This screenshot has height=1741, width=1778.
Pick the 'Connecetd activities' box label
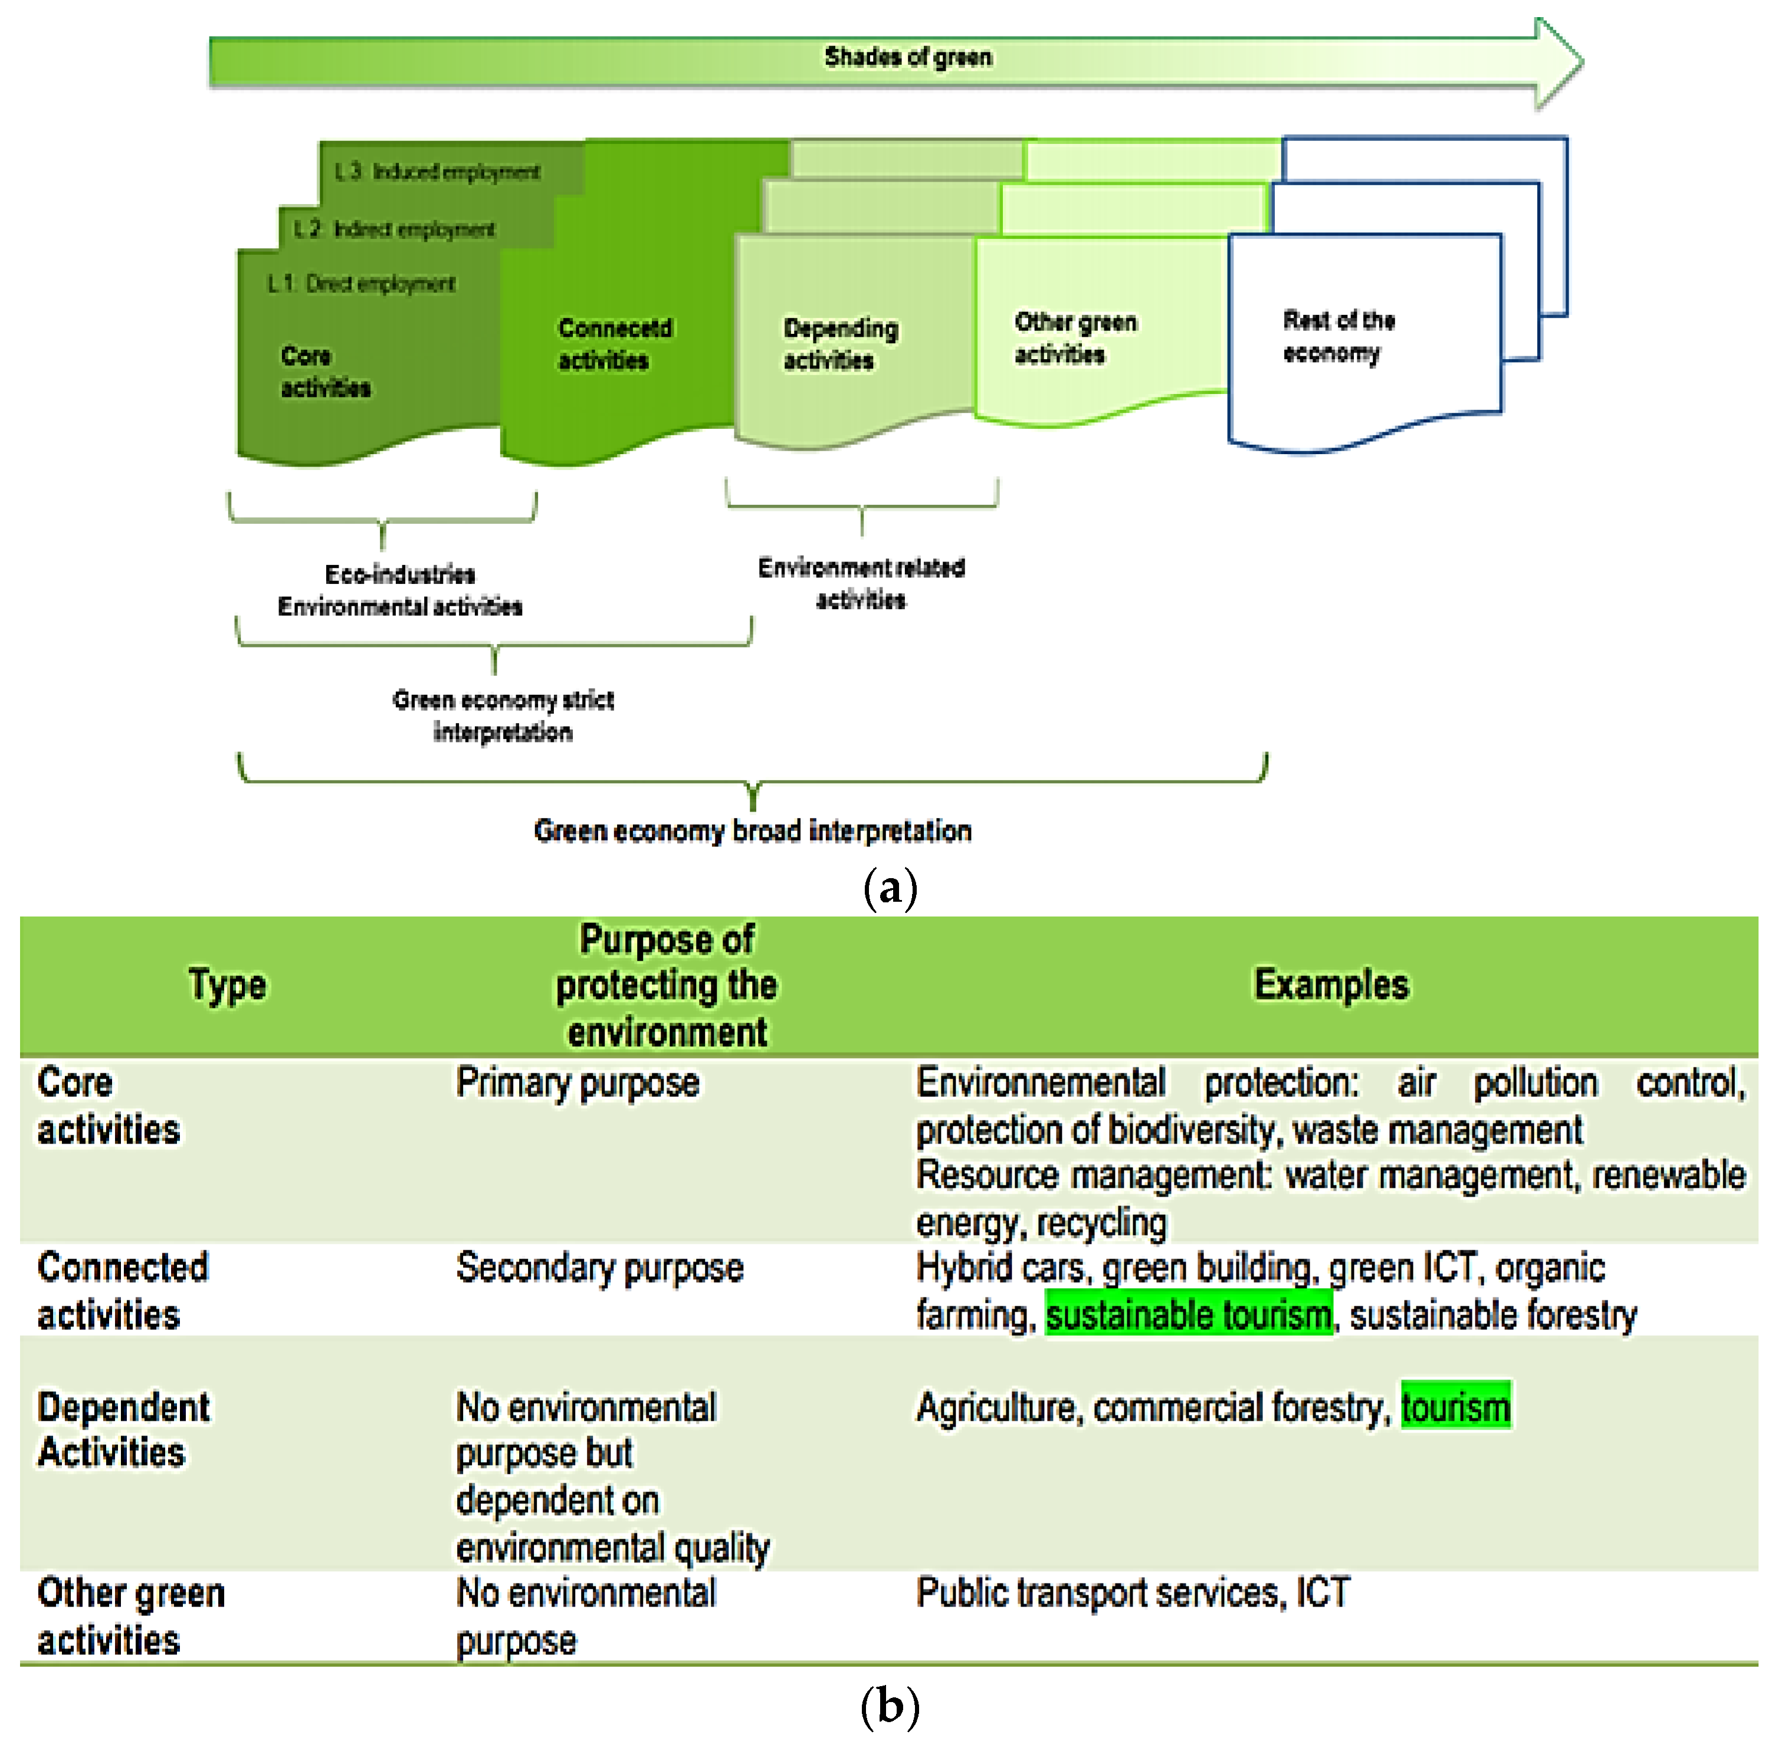615,344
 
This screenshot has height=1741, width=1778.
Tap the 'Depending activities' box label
839,344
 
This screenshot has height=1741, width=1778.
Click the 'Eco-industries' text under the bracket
400,574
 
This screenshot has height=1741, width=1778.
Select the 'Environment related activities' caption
861,583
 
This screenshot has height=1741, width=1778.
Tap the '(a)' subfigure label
889,888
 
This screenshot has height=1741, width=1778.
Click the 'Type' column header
228,985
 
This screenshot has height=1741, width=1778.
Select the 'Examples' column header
1331,985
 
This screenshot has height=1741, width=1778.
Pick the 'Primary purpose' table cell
578,1083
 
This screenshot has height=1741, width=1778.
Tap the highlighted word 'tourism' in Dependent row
1455,1407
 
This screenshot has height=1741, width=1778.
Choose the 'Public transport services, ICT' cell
1132,1593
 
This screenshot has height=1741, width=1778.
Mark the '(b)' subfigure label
889,1706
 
